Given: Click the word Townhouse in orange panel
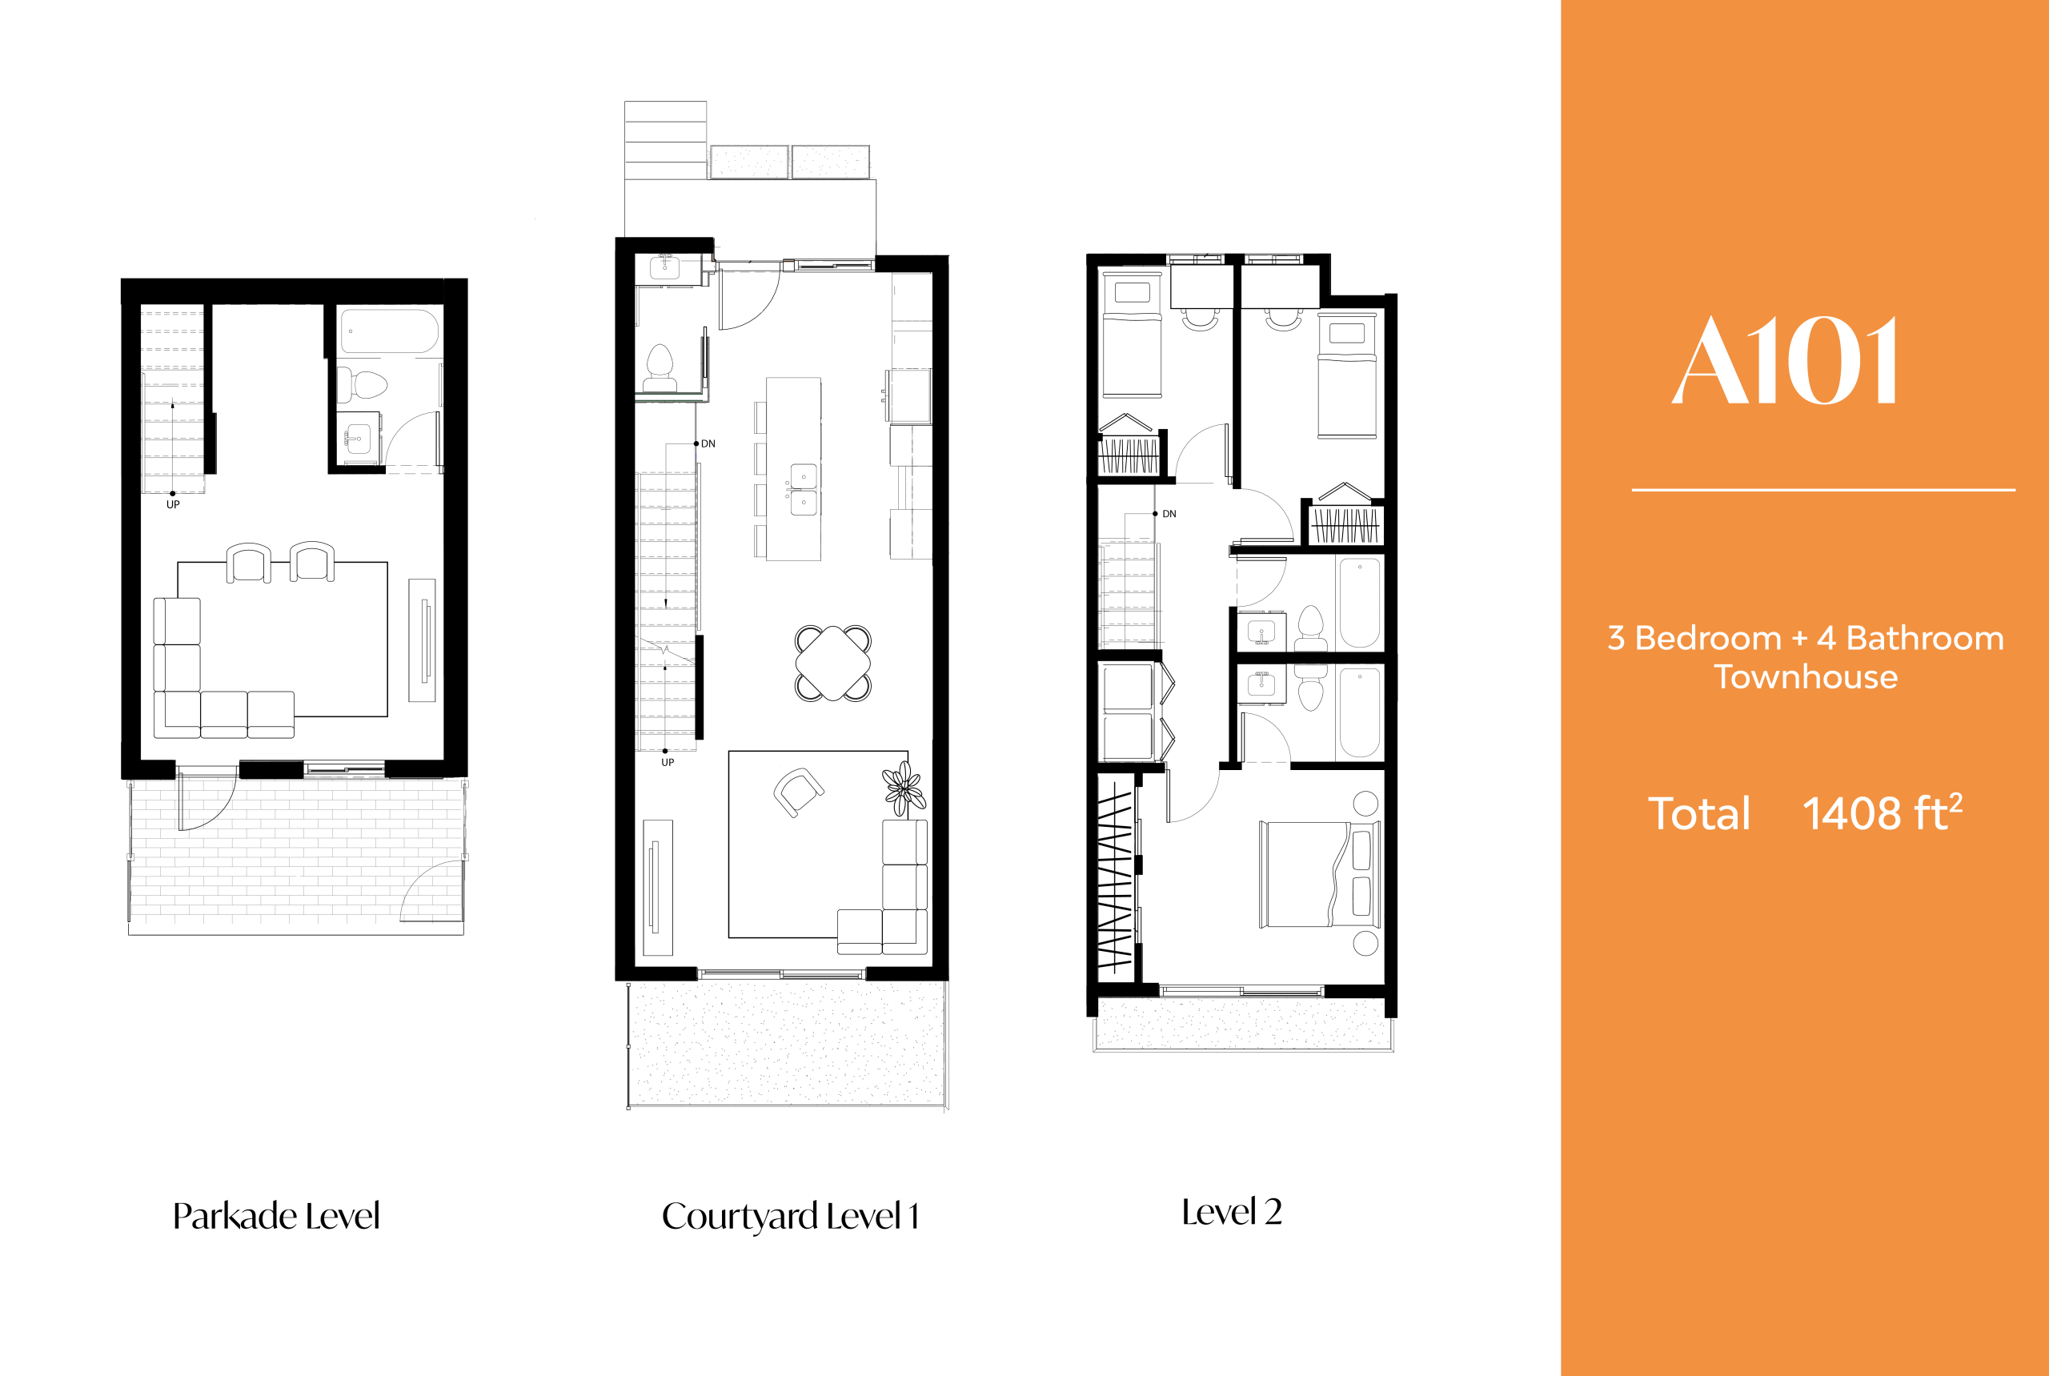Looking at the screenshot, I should pyautogui.click(x=1805, y=677).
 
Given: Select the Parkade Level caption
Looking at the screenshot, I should pyautogui.click(x=275, y=1215).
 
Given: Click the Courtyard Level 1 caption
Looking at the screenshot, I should pyautogui.click(x=790, y=1215).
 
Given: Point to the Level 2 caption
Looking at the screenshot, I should pyautogui.click(x=1231, y=1212).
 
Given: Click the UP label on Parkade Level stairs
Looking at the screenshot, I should pyautogui.click(x=173, y=504).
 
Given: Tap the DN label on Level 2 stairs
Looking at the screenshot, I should pyautogui.click(x=1169, y=514).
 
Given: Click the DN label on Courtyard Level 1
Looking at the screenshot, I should pyautogui.click(x=708, y=444).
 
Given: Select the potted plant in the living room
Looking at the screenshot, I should pyautogui.click(x=904, y=787).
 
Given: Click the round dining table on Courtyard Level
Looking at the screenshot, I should pyautogui.click(x=832, y=664).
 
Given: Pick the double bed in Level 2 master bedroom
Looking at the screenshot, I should pyautogui.click(x=1319, y=874).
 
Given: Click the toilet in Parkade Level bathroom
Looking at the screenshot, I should pyautogui.click(x=364, y=384).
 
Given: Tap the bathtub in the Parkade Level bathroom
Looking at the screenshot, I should pyautogui.click(x=389, y=331).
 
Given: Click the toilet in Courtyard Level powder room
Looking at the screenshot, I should pyautogui.click(x=660, y=367).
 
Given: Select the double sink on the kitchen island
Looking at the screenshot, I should pyautogui.click(x=803, y=490).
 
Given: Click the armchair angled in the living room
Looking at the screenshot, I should pyautogui.click(x=796, y=791).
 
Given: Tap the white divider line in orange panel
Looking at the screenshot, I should pyautogui.click(x=1822, y=490).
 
